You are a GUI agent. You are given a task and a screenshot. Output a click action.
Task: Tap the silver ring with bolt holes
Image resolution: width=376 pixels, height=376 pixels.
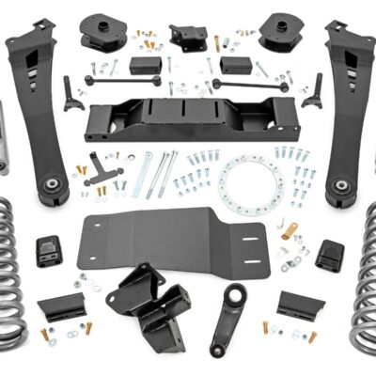[x=251, y=182]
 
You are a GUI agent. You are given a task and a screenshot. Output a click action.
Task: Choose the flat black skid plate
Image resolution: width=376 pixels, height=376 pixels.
[x=183, y=240]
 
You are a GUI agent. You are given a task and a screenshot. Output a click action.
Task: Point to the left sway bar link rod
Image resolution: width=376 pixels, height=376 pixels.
[x=111, y=80]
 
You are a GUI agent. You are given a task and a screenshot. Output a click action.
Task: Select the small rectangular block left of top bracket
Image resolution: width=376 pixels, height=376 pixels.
[x=145, y=66]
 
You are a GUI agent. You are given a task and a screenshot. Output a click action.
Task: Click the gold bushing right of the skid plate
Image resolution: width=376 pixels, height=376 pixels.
[x=291, y=230]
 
